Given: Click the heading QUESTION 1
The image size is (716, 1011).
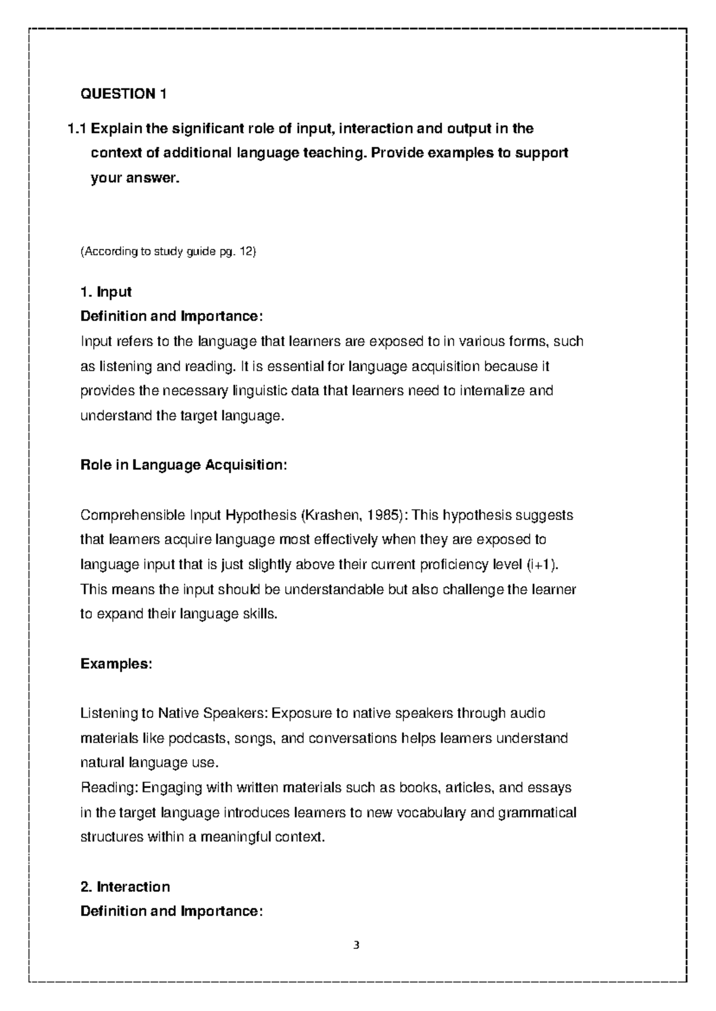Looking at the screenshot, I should pyautogui.click(x=124, y=94).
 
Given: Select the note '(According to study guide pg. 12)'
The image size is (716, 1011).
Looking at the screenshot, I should pyautogui.click(x=168, y=252).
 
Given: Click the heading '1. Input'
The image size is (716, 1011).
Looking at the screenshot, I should pyautogui.click(x=106, y=292).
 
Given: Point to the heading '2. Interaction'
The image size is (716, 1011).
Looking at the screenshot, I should pyautogui.click(x=125, y=886).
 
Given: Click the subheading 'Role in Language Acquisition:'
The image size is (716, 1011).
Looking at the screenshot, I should pyautogui.click(x=184, y=465).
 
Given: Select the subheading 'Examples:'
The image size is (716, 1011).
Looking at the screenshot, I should pyautogui.click(x=116, y=664).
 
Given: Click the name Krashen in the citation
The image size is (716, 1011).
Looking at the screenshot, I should pyautogui.click(x=328, y=515).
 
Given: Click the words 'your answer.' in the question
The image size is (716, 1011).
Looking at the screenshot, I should pyautogui.click(x=134, y=178).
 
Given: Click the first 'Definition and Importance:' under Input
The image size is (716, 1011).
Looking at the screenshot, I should pyautogui.click(x=171, y=316).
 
